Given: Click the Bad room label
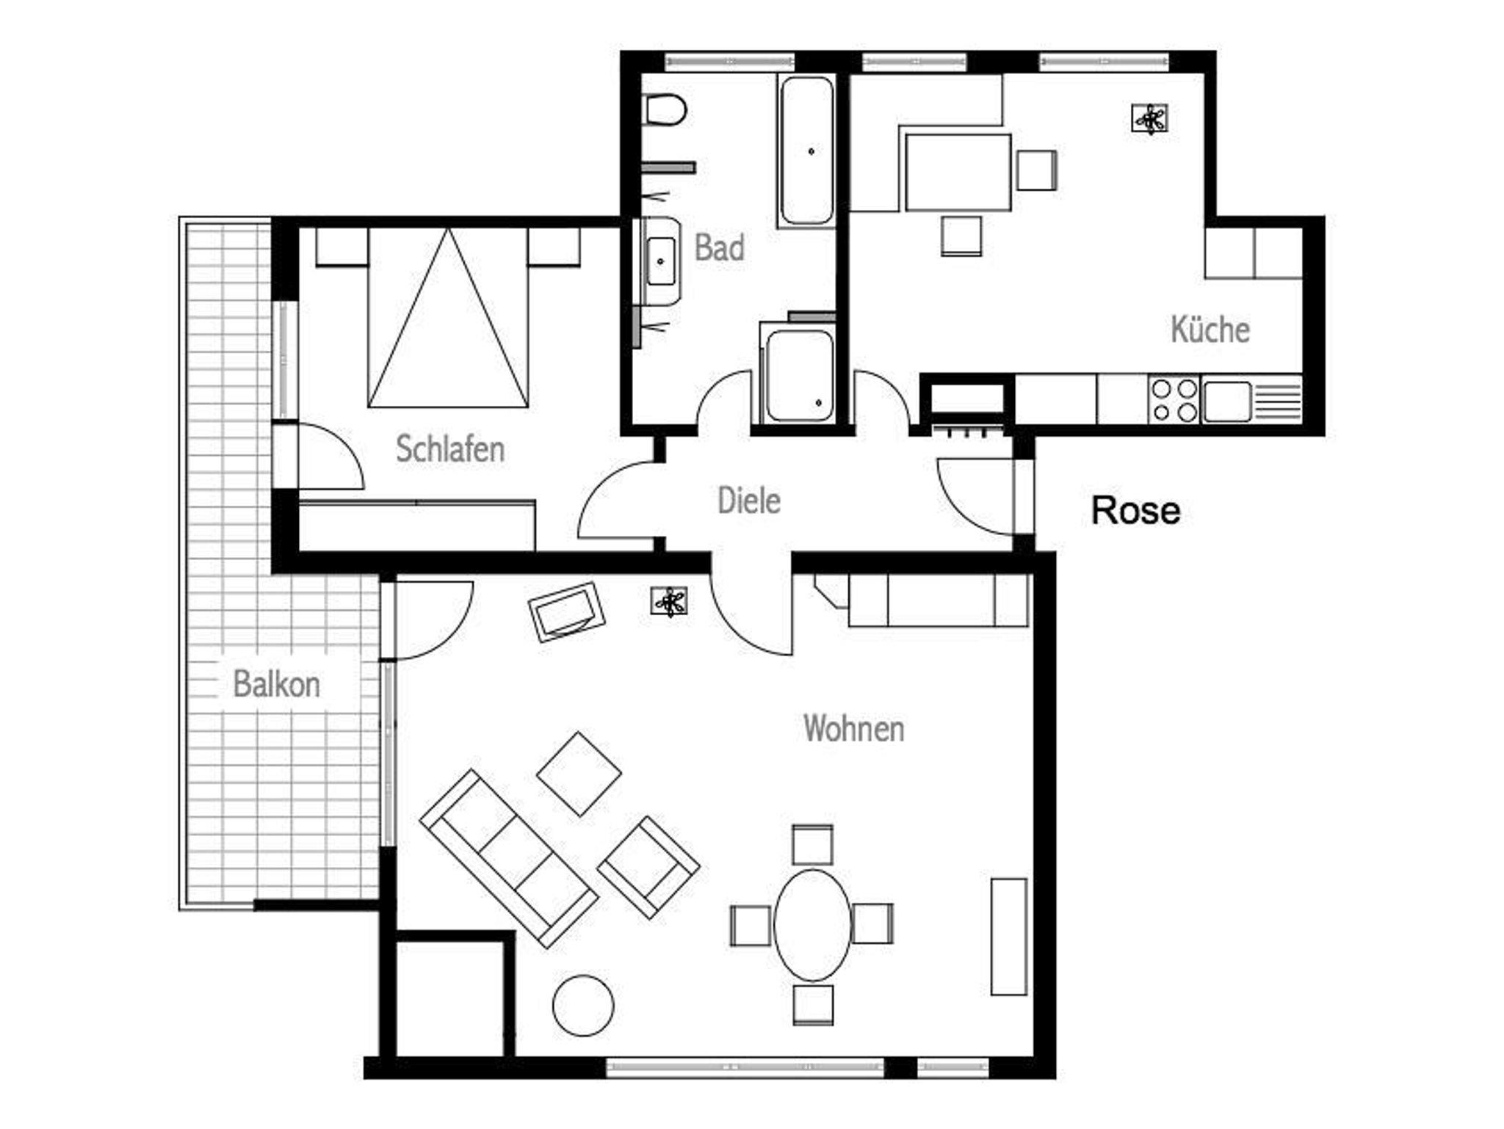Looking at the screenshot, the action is tap(719, 247).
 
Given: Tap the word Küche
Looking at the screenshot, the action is tap(1210, 329).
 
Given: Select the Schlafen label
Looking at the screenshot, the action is tap(450, 449).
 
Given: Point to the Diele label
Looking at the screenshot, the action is tap(748, 501).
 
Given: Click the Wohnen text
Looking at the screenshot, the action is tap(853, 728).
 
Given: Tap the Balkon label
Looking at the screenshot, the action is tap(276, 684).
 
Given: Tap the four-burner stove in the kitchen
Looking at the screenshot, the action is tap(1174, 399).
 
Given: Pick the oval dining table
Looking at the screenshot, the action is tap(813, 925).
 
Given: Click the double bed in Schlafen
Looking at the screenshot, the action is tap(448, 317).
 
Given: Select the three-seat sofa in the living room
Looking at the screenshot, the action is tap(508, 858).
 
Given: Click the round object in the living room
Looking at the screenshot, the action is tap(583, 1005).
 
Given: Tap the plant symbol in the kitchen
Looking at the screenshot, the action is tap(1149, 118).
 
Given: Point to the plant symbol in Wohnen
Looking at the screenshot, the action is tap(669, 601).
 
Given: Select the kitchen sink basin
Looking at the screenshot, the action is tap(1227, 401).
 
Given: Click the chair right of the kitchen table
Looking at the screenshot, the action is tap(1037, 170).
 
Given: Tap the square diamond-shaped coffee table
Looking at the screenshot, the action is tap(579, 774).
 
